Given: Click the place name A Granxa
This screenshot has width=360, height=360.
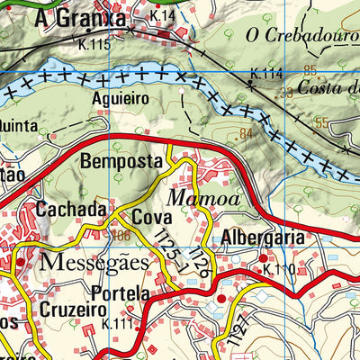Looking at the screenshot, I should click(69, 18).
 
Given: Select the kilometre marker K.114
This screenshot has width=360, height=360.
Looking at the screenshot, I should click(265, 73).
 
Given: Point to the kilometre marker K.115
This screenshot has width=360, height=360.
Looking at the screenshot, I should click(94, 44).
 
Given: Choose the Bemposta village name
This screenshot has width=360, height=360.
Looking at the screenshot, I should click(121, 162).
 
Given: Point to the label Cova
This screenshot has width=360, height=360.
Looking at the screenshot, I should click(152, 218).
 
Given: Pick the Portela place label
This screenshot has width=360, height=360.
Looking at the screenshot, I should click(120, 293).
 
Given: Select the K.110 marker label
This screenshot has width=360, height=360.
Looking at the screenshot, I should click(279, 268).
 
